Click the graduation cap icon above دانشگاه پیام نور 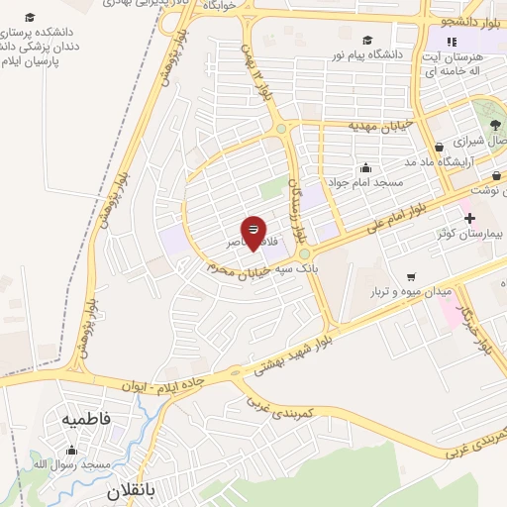pyautogui.click(x=367, y=41)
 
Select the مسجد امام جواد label pyautogui.click(x=367, y=183)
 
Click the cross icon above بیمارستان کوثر pyautogui.click(x=469, y=218)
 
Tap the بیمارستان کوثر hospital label pyautogui.click(x=472, y=235)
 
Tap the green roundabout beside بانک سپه pyautogui.click(x=304, y=253)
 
